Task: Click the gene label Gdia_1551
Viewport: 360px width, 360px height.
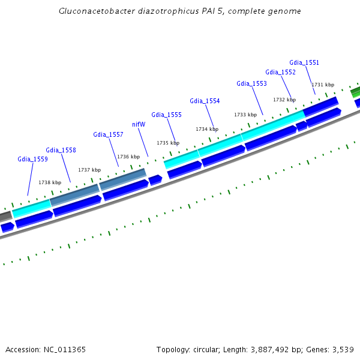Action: pos(304,62)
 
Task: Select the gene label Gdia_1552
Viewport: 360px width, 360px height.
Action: pos(280,72)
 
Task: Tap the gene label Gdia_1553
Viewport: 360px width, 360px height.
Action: pos(251,84)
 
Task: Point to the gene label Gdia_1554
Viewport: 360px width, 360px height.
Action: pos(205,101)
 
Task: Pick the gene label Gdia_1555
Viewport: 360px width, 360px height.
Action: pos(166,115)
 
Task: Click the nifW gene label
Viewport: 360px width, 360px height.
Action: pos(139,125)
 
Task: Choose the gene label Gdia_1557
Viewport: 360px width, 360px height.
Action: pos(108,135)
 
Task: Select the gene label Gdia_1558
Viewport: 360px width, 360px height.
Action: pos(61,151)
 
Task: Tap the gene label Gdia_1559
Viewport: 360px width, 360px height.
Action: pos(32,160)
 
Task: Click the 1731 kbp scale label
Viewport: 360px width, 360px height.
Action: pos(323,85)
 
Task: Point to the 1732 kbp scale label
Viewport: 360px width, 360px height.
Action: pos(284,100)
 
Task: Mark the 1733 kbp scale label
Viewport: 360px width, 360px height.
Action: pos(245,115)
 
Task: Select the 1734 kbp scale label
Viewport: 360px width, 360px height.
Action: pos(206,129)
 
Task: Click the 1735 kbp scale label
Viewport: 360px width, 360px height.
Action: pos(168,143)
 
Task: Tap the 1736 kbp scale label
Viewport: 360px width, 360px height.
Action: pos(128,157)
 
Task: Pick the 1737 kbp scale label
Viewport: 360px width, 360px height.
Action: pos(89,170)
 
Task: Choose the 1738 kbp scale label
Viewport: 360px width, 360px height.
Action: pos(50,183)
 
